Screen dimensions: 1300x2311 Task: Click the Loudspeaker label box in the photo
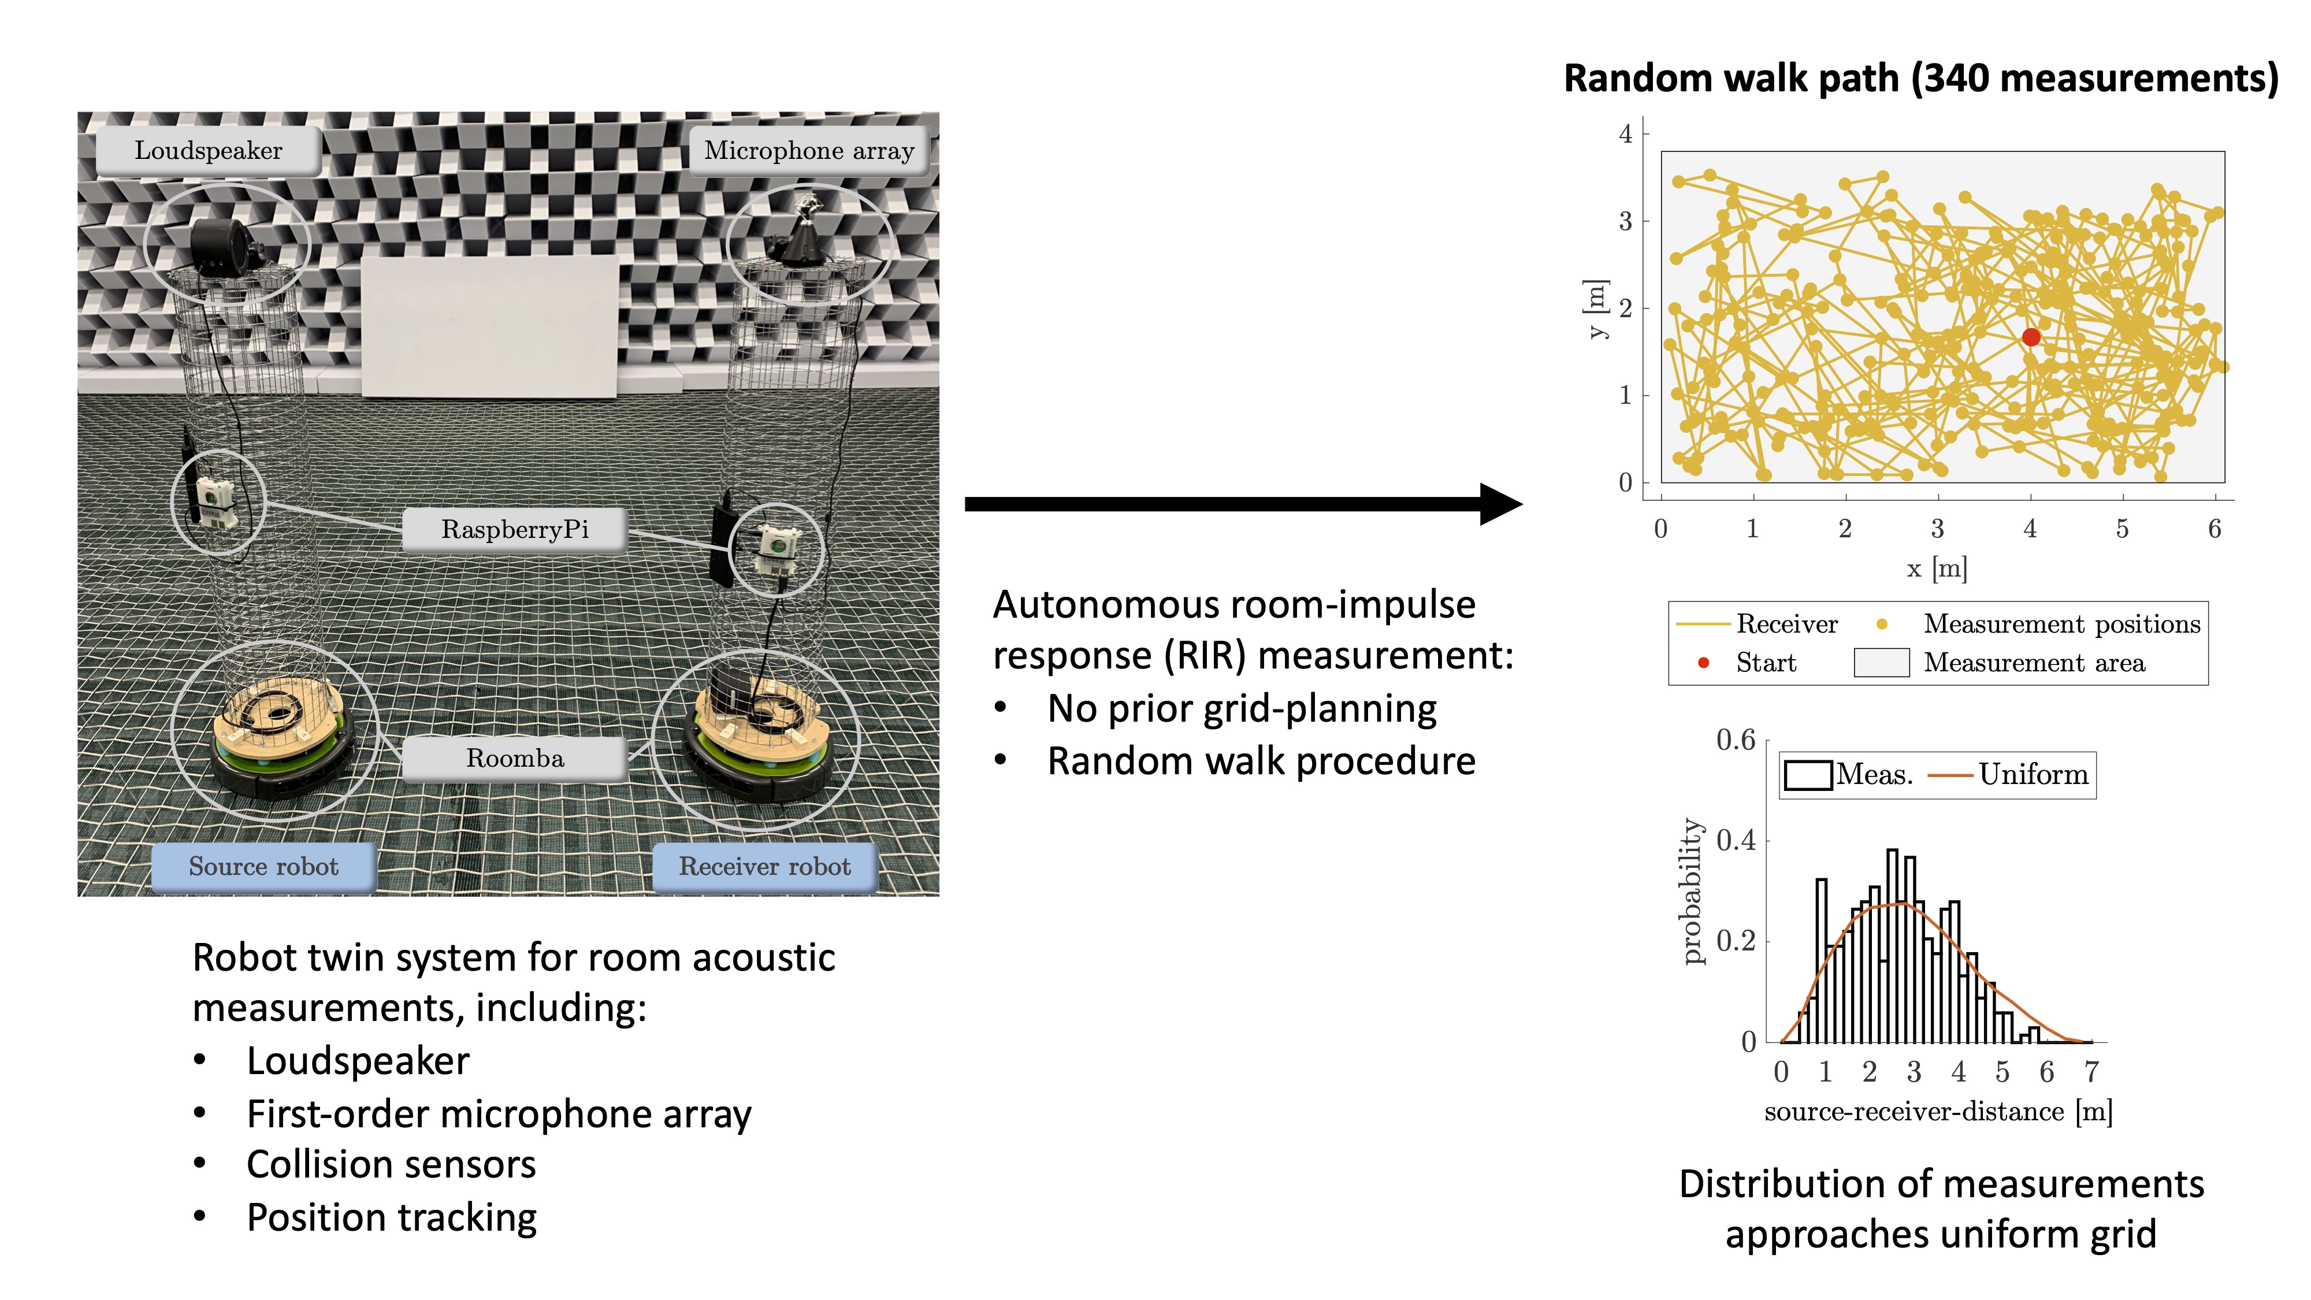point(208,151)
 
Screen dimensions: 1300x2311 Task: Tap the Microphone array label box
point(808,151)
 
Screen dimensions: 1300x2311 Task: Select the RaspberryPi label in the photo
point(514,529)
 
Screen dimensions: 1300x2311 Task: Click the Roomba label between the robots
point(514,759)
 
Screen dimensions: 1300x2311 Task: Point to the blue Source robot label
point(263,867)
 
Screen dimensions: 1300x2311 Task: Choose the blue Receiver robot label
point(764,867)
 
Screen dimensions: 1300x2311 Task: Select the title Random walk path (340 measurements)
point(1920,79)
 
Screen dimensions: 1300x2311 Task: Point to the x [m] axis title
point(1937,569)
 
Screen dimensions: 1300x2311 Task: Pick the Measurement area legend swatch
point(1881,663)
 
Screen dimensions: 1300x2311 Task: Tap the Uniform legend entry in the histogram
point(2009,774)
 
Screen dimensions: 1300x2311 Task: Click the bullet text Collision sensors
point(391,1165)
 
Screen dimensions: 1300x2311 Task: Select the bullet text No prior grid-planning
point(1242,709)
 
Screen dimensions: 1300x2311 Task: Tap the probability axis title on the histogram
point(1692,891)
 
